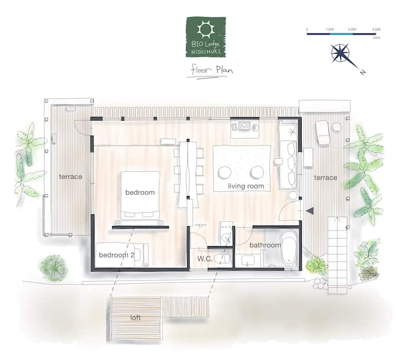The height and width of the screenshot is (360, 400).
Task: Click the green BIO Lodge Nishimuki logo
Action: click(206, 37)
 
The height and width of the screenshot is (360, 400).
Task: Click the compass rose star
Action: click(340, 53)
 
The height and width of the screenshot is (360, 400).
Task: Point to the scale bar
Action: click(341, 34)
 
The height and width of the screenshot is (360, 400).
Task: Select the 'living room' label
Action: click(246, 186)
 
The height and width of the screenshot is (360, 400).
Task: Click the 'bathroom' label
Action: click(265, 245)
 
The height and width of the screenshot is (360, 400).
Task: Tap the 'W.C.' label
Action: click(205, 259)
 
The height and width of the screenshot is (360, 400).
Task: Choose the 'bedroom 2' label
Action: click(117, 255)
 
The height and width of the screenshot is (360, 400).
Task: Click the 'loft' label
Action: click(135, 318)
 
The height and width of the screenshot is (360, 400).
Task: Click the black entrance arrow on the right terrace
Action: click(309, 211)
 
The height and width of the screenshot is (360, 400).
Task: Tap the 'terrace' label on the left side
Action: click(71, 177)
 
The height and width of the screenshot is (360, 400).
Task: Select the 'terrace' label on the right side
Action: click(326, 178)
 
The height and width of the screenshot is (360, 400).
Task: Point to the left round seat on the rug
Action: click(225, 172)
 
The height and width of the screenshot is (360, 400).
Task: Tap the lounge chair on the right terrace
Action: click(323, 133)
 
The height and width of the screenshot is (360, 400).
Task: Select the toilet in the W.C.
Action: click(222, 259)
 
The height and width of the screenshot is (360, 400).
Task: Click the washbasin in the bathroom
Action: click(248, 261)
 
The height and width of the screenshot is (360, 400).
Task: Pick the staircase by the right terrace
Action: click(337, 255)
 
